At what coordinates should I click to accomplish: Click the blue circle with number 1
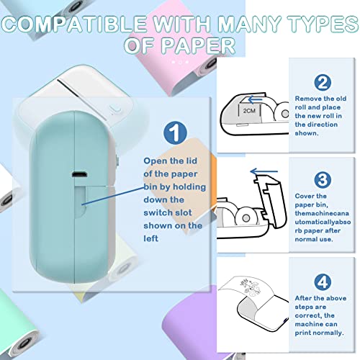pos(175,133)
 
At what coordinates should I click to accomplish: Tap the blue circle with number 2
pos(323,82)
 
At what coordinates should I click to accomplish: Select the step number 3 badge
pos(323,180)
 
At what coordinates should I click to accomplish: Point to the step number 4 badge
pos(323,282)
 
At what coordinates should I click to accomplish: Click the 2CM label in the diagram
pos(249,111)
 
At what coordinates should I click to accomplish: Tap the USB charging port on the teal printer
pos(79,174)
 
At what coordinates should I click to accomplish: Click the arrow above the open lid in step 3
pos(264,171)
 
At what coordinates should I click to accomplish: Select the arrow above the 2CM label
pos(255,99)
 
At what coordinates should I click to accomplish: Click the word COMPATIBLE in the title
pos(73,24)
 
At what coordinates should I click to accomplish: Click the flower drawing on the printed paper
pos(250,287)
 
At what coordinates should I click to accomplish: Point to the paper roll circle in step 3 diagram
pos(246,218)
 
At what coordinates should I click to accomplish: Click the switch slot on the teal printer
pos(80,202)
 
